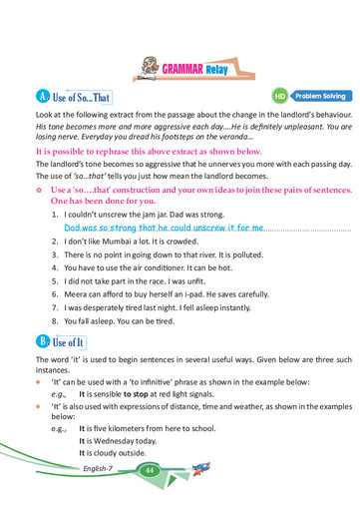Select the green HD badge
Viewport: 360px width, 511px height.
280,96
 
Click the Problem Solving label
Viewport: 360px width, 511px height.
320,96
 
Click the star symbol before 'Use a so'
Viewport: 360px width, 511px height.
39,188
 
